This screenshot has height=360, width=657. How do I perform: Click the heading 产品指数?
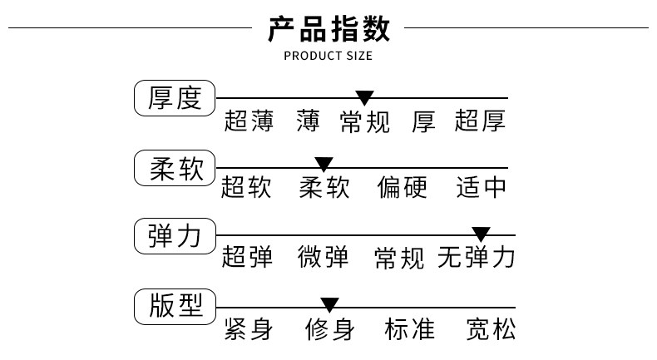click(x=328, y=29)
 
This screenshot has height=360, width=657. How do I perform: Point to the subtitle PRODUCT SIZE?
click(x=328, y=57)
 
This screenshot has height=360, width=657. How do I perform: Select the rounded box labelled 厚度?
click(x=175, y=99)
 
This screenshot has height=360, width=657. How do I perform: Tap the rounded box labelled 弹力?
click(x=175, y=236)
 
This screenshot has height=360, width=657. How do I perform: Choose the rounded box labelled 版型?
click(x=175, y=306)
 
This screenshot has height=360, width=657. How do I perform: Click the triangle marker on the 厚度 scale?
click(x=364, y=98)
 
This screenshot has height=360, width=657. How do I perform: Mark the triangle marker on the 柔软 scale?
click(x=324, y=165)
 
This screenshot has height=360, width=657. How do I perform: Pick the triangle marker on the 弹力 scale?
click(x=481, y=234)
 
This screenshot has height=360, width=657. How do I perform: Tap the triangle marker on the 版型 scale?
click(x=329, y=304)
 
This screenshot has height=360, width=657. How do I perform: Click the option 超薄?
click(x=249, y=121)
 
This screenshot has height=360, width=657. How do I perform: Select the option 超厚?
click(x=480, y=121)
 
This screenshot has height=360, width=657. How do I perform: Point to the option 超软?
click(x=246, y=188)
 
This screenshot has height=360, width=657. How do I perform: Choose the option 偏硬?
click(x=402, y=188)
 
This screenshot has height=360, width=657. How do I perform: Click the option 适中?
click(x=482, y=188)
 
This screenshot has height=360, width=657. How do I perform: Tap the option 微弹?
click(x=324, y=258)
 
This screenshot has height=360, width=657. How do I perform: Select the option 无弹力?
click(x=477, y=258)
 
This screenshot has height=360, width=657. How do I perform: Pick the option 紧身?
click(x=248, y=329)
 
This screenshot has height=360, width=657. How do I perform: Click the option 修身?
click(x=329, y=329)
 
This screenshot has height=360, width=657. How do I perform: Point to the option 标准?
click(x=409, y=329)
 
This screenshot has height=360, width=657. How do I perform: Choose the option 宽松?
click(x=491, y=329)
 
